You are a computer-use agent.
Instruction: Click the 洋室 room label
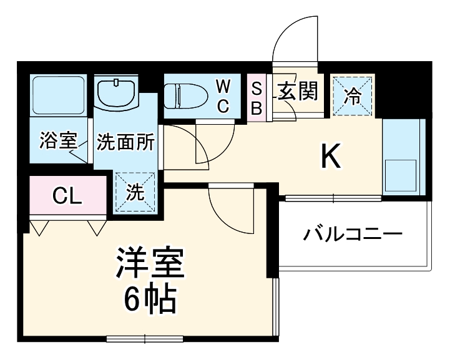(150, 265)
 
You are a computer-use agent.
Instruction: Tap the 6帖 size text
(150, 301)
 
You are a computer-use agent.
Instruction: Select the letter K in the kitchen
(331, 157)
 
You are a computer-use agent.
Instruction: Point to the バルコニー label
(353, 235)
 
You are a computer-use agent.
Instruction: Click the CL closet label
(67, 196)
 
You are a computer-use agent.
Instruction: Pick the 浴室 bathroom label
(57, 142)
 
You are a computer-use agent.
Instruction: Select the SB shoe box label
(257, 97)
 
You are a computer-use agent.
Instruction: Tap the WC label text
(223, 95)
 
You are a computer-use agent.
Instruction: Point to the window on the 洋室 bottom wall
(144, 339)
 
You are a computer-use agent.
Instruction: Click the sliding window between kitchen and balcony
(333, 198)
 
